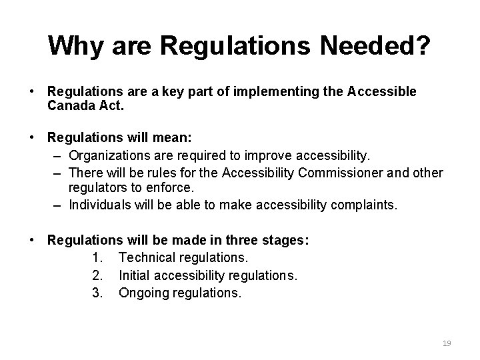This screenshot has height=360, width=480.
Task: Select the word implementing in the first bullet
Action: pos(262,91)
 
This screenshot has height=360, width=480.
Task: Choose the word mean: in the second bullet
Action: pos(170,138)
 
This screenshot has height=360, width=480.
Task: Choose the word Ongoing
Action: pos(144,291)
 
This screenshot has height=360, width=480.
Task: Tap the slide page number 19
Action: pos(447,343)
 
